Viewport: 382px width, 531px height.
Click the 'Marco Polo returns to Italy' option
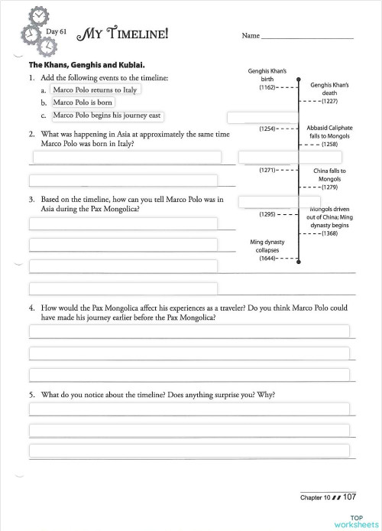click(x=96, y=90)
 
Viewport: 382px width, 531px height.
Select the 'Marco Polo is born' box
click(x=83, y=103)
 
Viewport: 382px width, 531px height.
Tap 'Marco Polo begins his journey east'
click(x=107, y=116)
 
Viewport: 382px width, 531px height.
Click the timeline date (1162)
click(x=268, y=88)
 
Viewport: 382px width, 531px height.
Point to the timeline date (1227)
click(x=329, y=101)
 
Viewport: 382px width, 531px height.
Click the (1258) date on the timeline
click(x=329, y=144)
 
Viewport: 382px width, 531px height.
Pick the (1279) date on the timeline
click(x=329, y=187)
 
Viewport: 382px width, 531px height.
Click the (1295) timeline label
click(x=268, y=215)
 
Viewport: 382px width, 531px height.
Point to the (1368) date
click(x=329, y=233)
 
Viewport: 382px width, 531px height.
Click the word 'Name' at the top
click(x=251, y=36)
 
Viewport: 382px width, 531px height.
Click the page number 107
click(x=350, y=497)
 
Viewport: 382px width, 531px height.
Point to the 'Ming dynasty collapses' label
click(x=267, y=246)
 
